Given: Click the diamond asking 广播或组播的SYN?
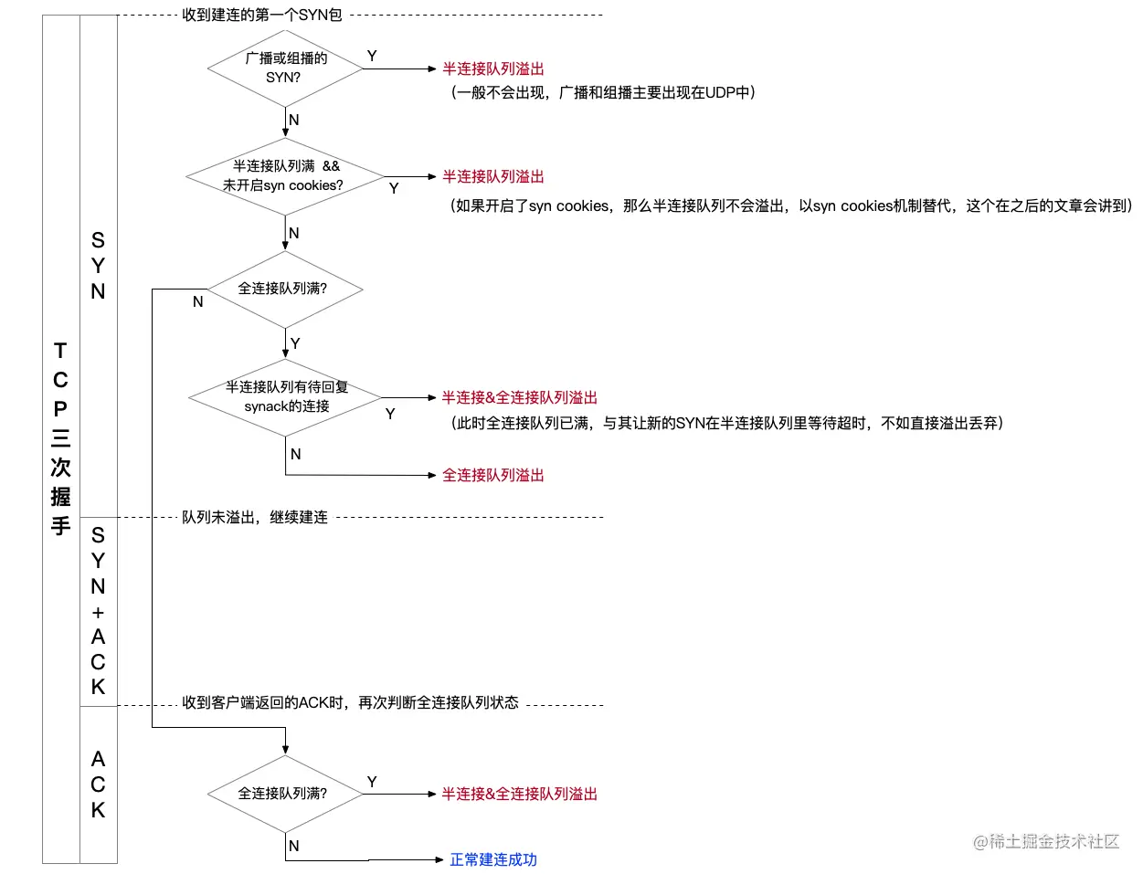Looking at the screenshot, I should [285, 68].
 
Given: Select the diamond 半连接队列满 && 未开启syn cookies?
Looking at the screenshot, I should [285, 176].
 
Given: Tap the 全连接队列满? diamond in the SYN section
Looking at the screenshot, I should [285, 290].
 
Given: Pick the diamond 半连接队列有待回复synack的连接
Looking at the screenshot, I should [285, 397].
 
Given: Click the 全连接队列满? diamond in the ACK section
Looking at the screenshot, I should [285, 794].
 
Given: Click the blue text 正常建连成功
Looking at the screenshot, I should [493, 859].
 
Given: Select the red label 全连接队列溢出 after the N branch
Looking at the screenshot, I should [493, 475].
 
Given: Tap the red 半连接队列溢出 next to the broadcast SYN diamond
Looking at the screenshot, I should [493, 68].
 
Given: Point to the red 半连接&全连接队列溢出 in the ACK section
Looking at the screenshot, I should [519, 794].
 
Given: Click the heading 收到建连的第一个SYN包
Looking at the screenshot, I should [262, 16].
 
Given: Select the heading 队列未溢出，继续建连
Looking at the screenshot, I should [254, 517].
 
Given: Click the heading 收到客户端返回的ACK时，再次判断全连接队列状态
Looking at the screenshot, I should [350, 702].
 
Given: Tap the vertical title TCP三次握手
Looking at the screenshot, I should [60, 438].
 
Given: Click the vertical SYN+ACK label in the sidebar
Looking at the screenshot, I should [98, 610].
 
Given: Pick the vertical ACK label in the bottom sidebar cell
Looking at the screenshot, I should [98, 784].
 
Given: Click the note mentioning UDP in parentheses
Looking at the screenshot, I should [603, 92].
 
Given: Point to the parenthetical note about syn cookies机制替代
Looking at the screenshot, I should [791, 205].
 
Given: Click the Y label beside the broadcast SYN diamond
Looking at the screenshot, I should [372, 56].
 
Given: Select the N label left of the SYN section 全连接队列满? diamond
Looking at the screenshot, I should [197, 301].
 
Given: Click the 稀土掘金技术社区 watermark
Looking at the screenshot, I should [1046, 841].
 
